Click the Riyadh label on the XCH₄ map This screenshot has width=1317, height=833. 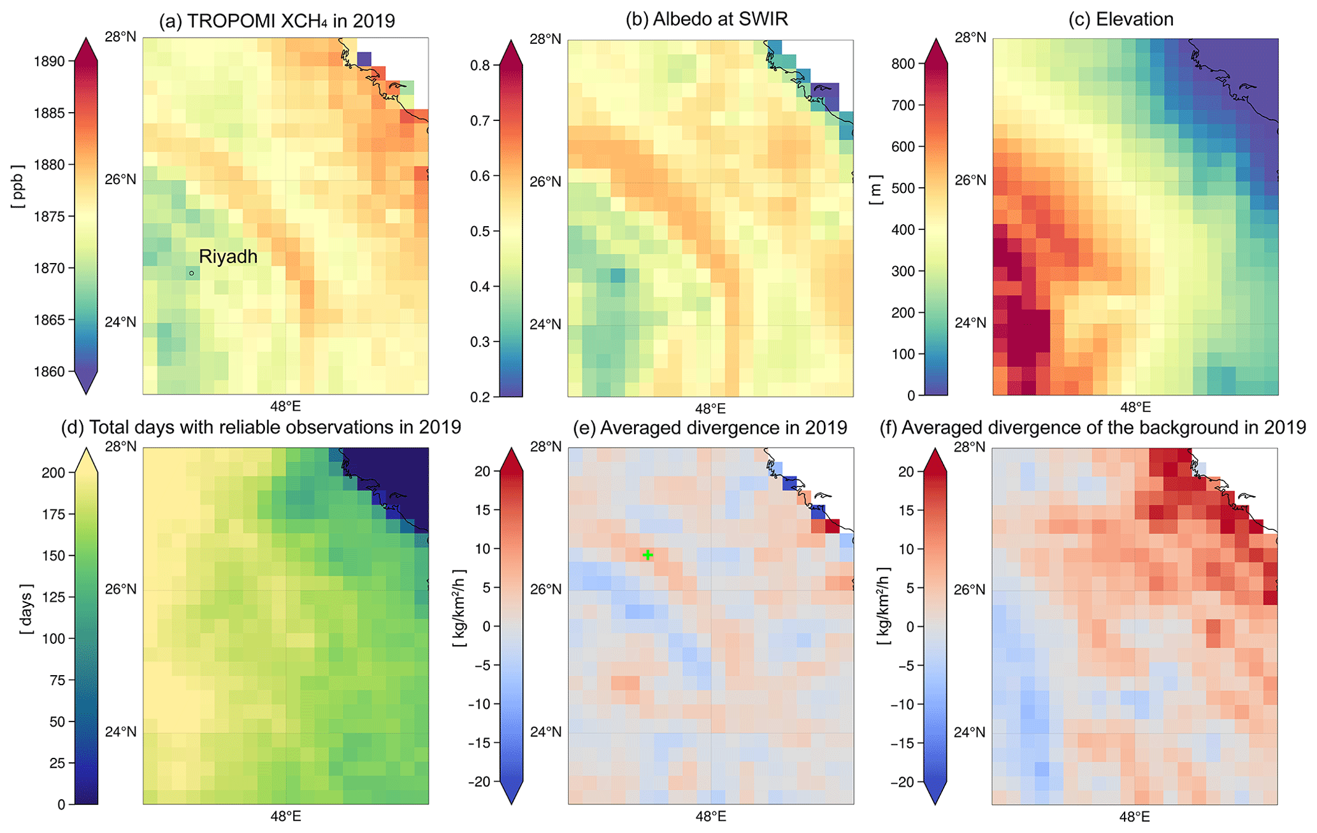[228, 257]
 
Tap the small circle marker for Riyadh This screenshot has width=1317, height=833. [191, 273]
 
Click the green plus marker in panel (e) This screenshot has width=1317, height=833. [647, 555]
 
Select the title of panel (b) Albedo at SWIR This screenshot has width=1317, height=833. [707, 19]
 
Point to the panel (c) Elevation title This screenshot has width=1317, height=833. [1121, 19]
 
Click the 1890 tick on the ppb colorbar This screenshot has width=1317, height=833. [49, 62]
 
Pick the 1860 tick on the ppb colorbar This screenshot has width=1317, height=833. [49, 371]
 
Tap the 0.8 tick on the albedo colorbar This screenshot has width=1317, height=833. [480, 65]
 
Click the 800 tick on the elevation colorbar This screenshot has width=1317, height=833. [903, 64]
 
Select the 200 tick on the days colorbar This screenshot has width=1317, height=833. [54, 473]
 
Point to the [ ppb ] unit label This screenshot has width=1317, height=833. [17, 186]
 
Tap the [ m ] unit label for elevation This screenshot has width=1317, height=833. [876, 190]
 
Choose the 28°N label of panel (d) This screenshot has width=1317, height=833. [120, 446]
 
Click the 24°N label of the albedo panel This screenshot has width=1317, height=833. [545, 324]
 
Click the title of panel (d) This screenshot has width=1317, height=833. [261, 427]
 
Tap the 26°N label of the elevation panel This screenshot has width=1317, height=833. [970, 181]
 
